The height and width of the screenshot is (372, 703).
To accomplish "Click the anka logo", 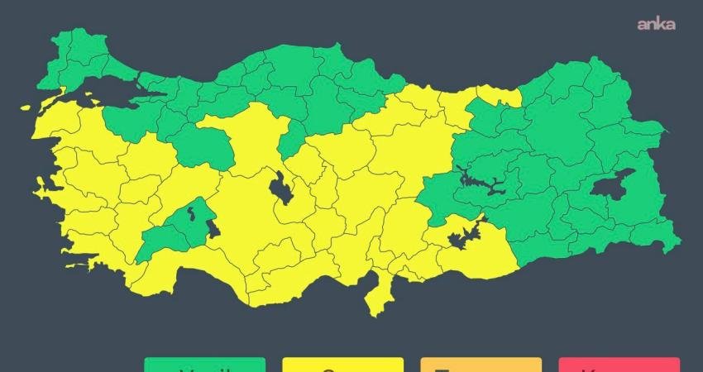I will click(x=656, y=24).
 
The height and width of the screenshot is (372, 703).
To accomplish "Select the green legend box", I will click(x=204, y=364).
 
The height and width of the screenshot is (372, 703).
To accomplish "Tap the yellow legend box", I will click(x=342, y=364).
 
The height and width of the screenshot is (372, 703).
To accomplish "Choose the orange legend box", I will click(x=481, y=364).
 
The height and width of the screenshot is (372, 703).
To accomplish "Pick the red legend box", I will click(x=619, y=364).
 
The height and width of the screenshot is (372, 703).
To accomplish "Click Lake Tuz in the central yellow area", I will click(x=280, y=188).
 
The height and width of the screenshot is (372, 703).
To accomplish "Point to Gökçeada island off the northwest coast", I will click(x=26, y=108).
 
